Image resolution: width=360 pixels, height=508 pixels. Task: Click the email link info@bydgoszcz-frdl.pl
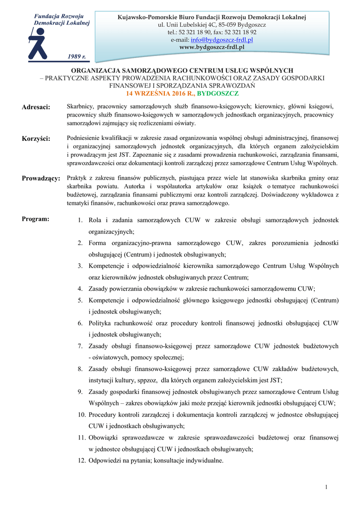coord(222,40)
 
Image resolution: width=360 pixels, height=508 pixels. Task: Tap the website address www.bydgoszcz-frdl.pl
coord(212,47)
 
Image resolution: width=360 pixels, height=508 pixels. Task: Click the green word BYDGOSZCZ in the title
coord(218,93)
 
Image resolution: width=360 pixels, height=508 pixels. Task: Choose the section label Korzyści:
coord(36,138)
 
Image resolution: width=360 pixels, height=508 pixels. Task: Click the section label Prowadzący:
coord(41,178)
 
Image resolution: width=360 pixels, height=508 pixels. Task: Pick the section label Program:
coord(35,219)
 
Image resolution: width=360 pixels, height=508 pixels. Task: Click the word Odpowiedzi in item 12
coord(105,460)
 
